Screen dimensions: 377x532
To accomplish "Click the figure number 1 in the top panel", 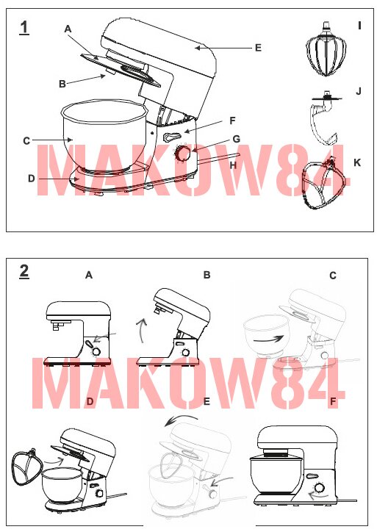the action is pos(24,27).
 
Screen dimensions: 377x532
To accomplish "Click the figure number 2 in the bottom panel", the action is pos(24,271).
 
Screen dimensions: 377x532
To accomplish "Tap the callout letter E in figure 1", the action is pos(258,48).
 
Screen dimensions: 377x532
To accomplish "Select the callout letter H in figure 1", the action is pos(233,165).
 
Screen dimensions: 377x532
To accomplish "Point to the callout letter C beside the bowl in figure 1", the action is pos(26,140).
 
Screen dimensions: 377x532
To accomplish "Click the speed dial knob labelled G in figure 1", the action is pos(183,154).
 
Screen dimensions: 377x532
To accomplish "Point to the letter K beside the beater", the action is pos(356,162).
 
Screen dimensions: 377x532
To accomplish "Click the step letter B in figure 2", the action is pos(207,275).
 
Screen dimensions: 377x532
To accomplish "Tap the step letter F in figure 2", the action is pos(333,401).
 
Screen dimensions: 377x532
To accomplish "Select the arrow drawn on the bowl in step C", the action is pos(269,339).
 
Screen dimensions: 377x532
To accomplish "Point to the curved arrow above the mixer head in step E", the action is pos(180,420).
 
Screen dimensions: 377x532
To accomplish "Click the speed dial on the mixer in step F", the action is pos(319,488).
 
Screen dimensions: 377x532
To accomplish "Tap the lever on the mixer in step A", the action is pos(89,345).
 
